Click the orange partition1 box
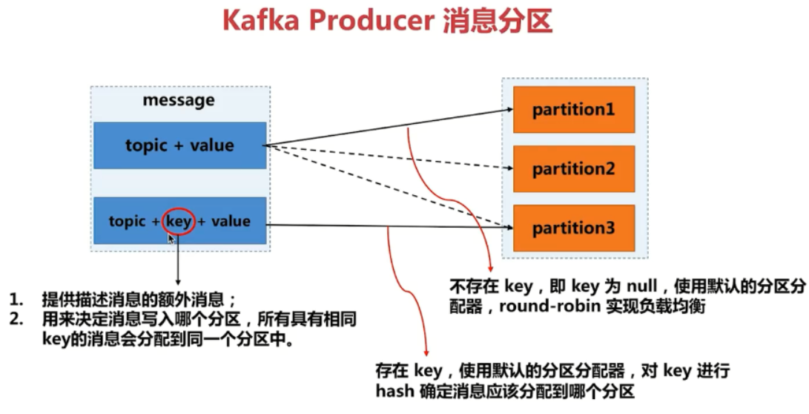coord(574,110)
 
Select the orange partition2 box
coord(574,169)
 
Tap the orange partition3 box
coord(574,228)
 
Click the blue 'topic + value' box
coord(179,145)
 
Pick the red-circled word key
coord(179,221)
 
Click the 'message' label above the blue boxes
coord(179,100)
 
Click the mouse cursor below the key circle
coord(172,240)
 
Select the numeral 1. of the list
coord(16,300)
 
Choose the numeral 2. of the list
coord(16,320)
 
